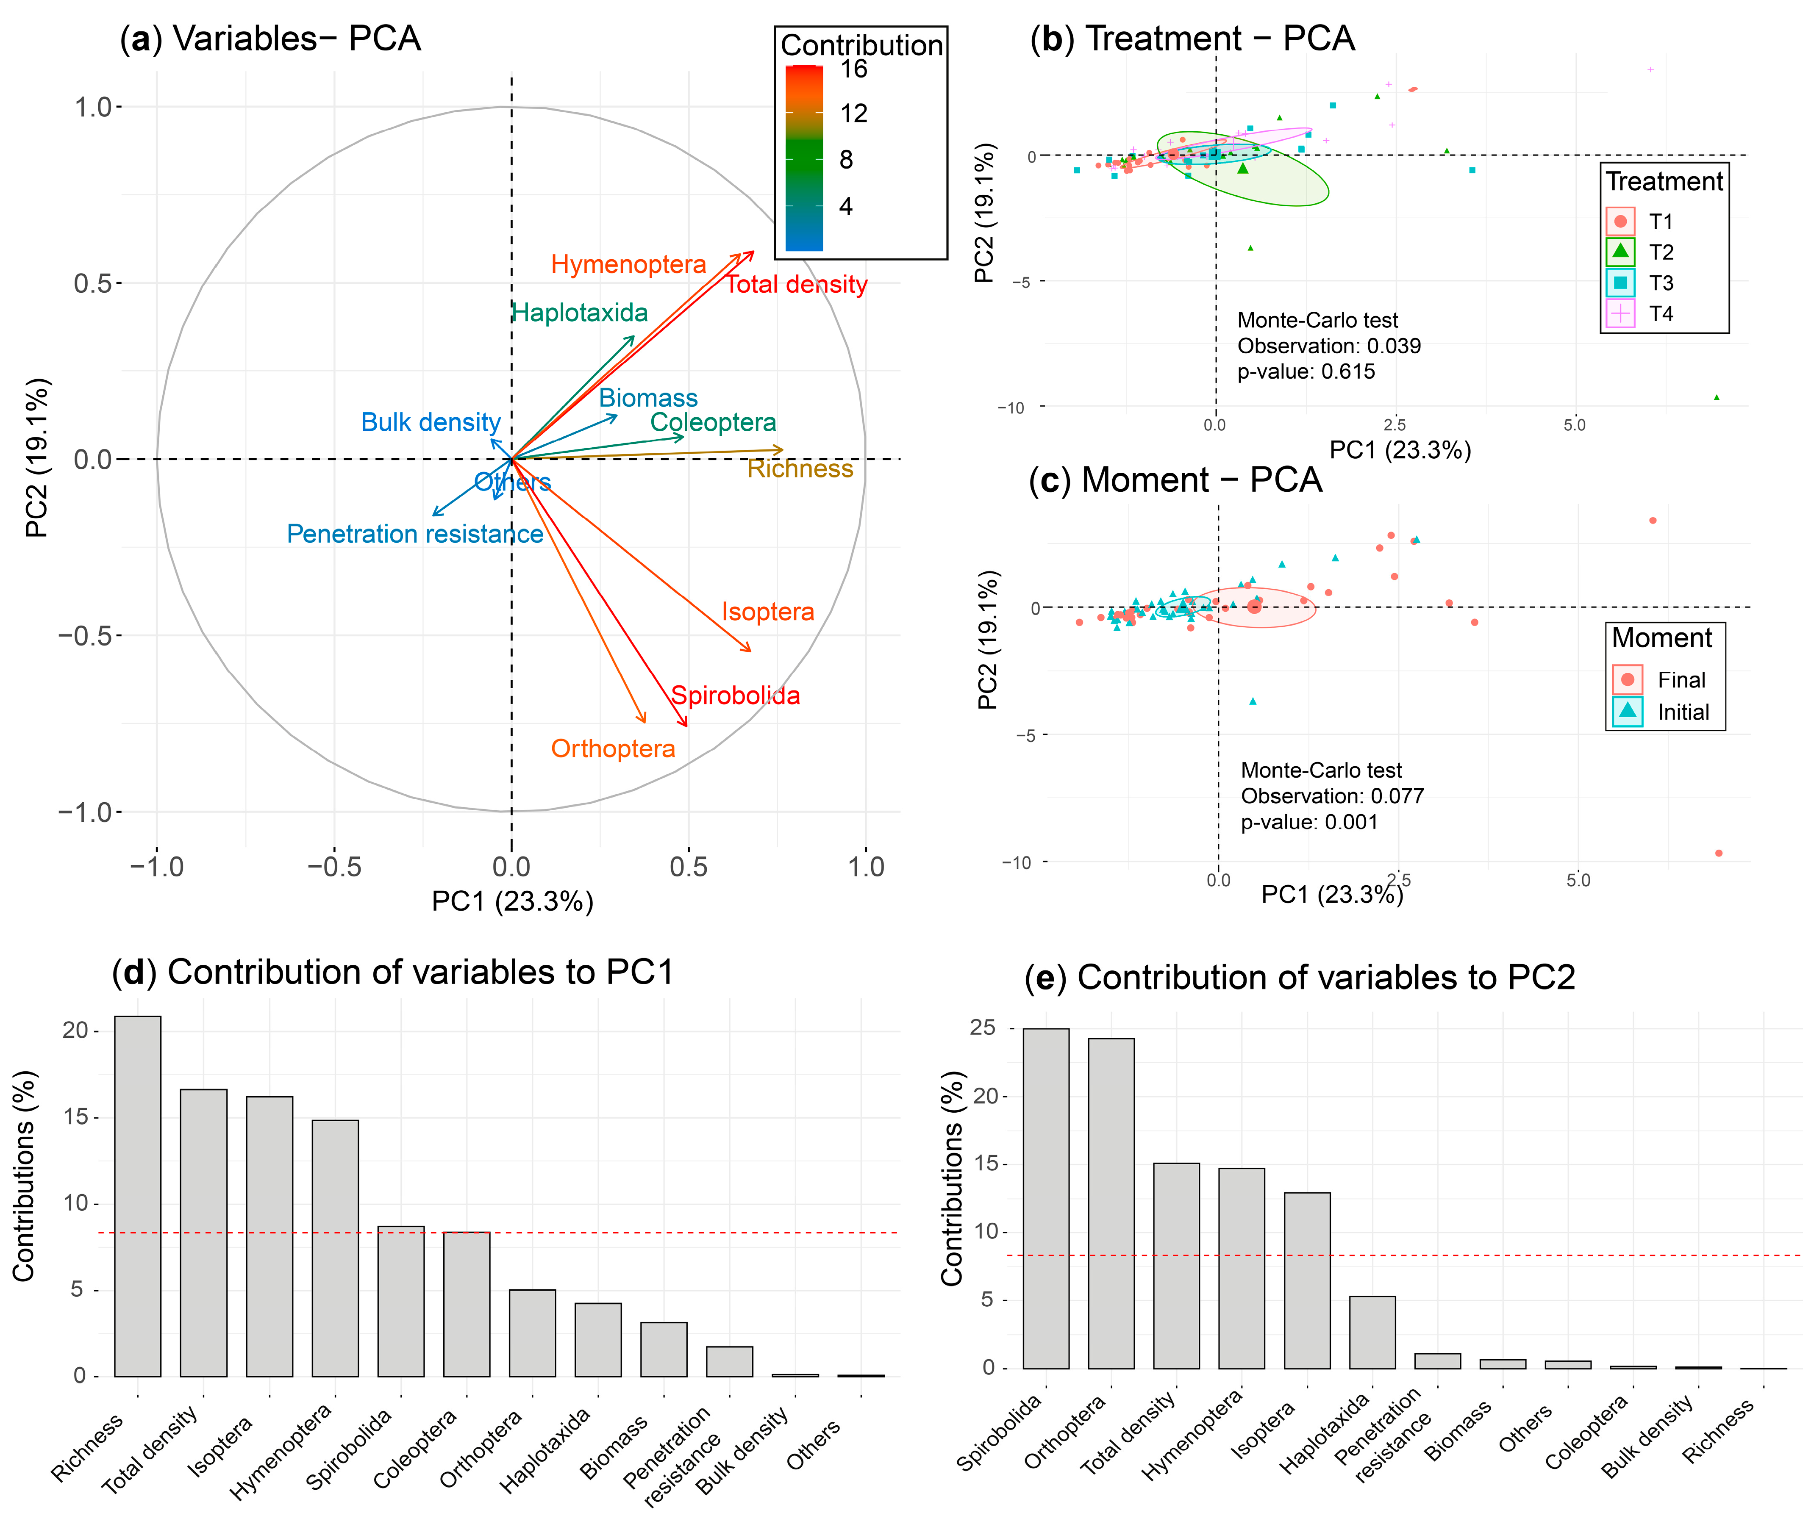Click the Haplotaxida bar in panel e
click(1372, 1332)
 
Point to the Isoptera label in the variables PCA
click(767, 612)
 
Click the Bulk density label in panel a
click(431, 422)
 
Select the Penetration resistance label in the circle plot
click(415, 534)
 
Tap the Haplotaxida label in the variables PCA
click(580, 313)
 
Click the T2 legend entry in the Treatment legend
click(1659, 252)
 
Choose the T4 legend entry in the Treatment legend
click(1659, 313)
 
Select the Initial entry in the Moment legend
click(1682, 713)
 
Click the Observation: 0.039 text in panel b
click(1328, 346)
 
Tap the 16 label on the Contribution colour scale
click(854, 69)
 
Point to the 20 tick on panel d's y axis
click(76, 1030)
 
